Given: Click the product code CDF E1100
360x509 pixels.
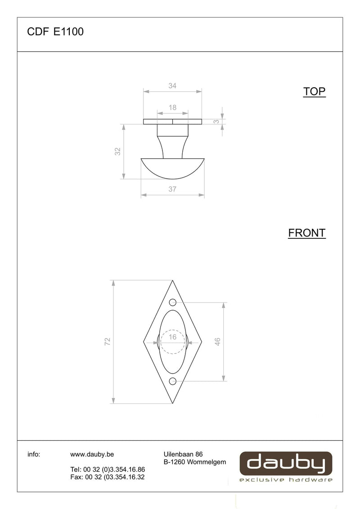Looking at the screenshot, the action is (x=55, y=31).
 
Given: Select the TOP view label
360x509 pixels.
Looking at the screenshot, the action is (x=314, y=92).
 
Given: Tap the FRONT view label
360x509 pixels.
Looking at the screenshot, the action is (x=307, y=233).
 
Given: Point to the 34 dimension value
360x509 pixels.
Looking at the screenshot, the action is (x=172, y=86).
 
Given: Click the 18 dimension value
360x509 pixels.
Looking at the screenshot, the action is (x=172, y=107).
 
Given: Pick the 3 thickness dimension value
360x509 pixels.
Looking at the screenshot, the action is (x=216, y=122).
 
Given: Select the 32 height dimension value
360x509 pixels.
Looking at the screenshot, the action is (x=117, y=151).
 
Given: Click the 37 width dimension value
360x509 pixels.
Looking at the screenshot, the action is (x=172, y=189).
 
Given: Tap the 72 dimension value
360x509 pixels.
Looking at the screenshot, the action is (x=108, y=341).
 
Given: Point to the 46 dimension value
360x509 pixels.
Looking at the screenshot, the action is (x=217, y=341).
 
